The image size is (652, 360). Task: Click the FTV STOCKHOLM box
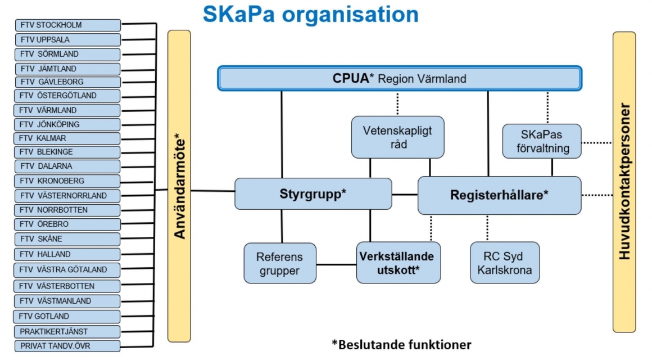click(x=68, y=25)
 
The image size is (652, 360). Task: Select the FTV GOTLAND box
click(x=67, y=316)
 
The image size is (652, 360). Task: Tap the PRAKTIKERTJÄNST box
click(x=67, y=332)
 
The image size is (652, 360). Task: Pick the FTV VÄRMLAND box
click(x=67, y=110)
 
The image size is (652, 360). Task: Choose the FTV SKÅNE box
click(x=67, y=239)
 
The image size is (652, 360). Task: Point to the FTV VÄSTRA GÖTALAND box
click(x=67, y=269)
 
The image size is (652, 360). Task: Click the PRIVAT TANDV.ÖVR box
click(x=67, y=346)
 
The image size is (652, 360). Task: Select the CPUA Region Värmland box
click(x=400, y=78)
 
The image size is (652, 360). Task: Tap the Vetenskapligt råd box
click(x=397, y=137)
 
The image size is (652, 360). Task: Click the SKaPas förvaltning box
click(x=542, y=141)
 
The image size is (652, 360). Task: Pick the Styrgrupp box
click(x=313, y=194)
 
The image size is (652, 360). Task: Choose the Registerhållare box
click(x=499, y=195)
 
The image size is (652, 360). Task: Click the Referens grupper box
click(x=280, y=263)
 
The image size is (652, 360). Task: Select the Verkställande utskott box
click(x=399, y=263)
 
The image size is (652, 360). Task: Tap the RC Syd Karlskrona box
click(x=505, y=263)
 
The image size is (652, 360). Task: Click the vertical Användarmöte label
click(x=179, y=186)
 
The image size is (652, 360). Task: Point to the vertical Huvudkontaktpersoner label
click(x=624, y=182)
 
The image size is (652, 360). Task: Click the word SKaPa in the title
click(x=239, y=14)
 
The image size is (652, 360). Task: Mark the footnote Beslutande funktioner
click(x=402, y=345)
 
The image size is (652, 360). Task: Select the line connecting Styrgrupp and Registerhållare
click(x=405, y=195)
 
